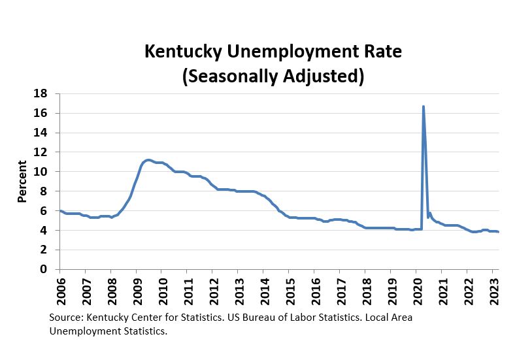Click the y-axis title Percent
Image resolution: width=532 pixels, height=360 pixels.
point(22,181)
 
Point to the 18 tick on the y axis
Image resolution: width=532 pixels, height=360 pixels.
point(41,93)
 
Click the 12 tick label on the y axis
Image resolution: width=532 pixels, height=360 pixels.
point(41,152)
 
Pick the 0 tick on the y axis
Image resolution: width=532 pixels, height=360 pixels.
point(44,269)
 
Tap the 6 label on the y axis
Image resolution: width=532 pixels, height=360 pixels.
point(44,210)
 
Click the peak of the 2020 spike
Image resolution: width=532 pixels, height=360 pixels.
point(424,106)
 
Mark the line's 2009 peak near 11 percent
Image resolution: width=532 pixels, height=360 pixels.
point(148,159)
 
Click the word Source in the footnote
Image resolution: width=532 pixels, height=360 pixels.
point(65,318)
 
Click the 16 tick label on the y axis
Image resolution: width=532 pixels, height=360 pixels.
point(41,113)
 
